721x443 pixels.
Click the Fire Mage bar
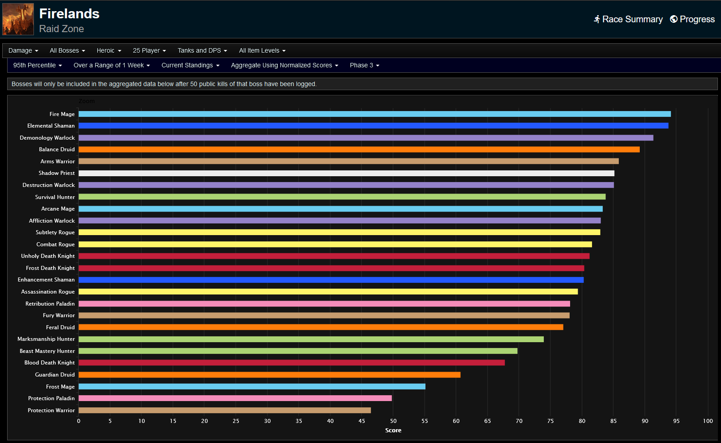point(374,114)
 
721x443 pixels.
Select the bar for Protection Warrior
point(225,410)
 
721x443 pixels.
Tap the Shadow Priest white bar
point(346,173)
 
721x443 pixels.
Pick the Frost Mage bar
point(252,387)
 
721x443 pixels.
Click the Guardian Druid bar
point(269,375)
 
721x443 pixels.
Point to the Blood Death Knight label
point(50,363)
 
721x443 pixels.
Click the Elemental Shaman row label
point(51,126)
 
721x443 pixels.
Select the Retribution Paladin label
point(50,304)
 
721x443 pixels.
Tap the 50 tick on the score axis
point(393,421)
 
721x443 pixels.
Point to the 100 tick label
point(708,421)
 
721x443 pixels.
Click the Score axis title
point(393,431)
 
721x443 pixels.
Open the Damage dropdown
point(23,51)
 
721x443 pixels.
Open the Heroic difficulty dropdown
point(108,51)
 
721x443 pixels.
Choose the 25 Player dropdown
point(149,51)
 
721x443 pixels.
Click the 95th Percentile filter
point(38,66)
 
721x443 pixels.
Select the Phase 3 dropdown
point(364,66)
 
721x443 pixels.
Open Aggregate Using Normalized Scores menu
point(284,66)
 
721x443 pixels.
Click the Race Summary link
point(628,19)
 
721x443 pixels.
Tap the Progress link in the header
point(692,19)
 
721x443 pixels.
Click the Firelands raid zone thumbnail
point(18,19)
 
